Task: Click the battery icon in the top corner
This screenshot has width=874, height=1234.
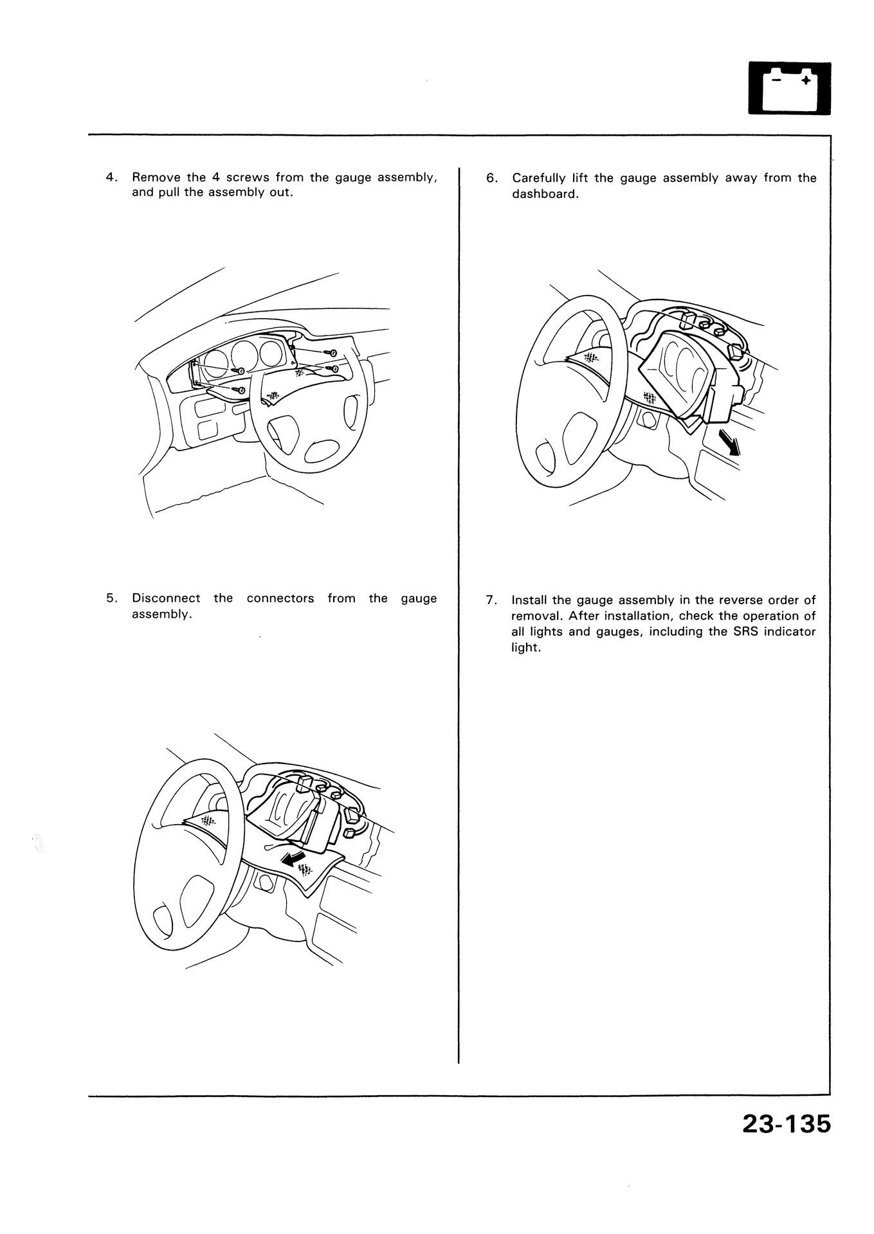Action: click(x=790, y=89)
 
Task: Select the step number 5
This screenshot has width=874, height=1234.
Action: click(x=111, y=598)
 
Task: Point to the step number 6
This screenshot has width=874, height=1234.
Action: click(x=491, y=178)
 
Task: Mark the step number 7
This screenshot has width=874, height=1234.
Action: click(x=491, y=600)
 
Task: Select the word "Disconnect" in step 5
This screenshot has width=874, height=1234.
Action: click(x=166, y=598)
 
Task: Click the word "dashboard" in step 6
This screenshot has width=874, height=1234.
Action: click(x=544, y=194)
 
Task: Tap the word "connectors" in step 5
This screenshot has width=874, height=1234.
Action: click(x=280, y=598)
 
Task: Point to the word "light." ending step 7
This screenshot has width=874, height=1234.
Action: click(x=525, y=647)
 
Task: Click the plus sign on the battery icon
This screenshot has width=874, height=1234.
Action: click(x=805, y=80)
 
